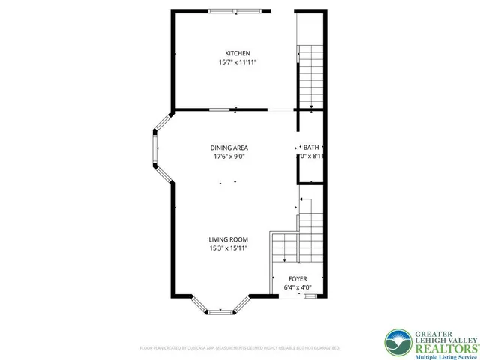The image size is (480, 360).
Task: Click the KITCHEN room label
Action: pyautogui.click(x=238, y=53)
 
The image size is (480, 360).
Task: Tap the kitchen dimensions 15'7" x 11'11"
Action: pyautogui.click(x=238, y=62)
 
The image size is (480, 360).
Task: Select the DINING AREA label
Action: pyautogui.click(x=229, y=148)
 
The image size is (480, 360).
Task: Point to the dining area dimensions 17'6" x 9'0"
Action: pyautogui.click(x=229, y=157)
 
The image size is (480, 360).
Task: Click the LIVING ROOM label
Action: pyautogui.click(x=228, y=239)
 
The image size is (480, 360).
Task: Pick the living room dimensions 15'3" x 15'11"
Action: pyautogui.click(x=228, y=248)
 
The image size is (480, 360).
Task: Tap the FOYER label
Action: pyautogui.click(x=298, y=278)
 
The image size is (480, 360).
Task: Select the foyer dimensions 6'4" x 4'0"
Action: pyautogui.click(x=298, y=287)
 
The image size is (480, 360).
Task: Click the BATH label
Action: pyautogui.click(x=312, y=148)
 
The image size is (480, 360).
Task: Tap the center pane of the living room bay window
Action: pyautogui.click(x=220, y=310)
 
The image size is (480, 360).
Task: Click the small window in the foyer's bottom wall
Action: pyautogui.click(x=309, y=296)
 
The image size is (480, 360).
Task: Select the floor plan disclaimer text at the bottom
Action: pyautogui.click(x=239, y=348)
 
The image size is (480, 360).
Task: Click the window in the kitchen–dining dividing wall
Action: pyautogui.click(x=220, y=109)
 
